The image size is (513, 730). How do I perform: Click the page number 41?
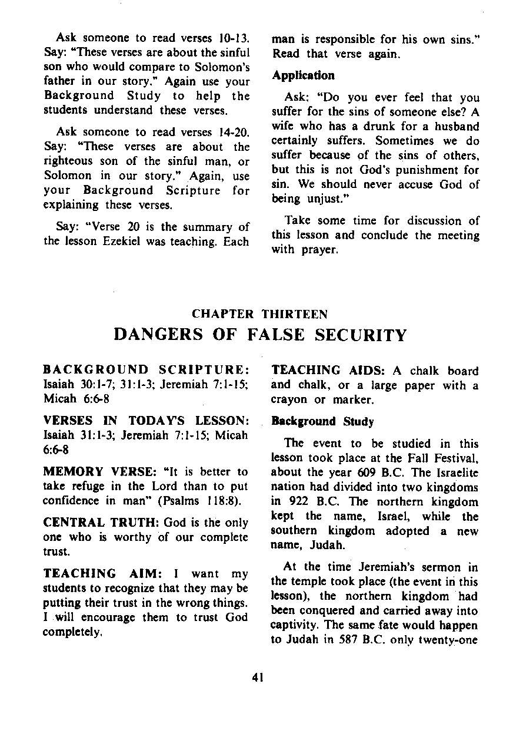256,678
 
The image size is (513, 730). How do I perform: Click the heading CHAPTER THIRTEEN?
260,314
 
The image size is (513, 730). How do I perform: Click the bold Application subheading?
303,75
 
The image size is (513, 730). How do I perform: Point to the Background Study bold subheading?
322,422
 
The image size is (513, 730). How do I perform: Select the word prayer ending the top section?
321,250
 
